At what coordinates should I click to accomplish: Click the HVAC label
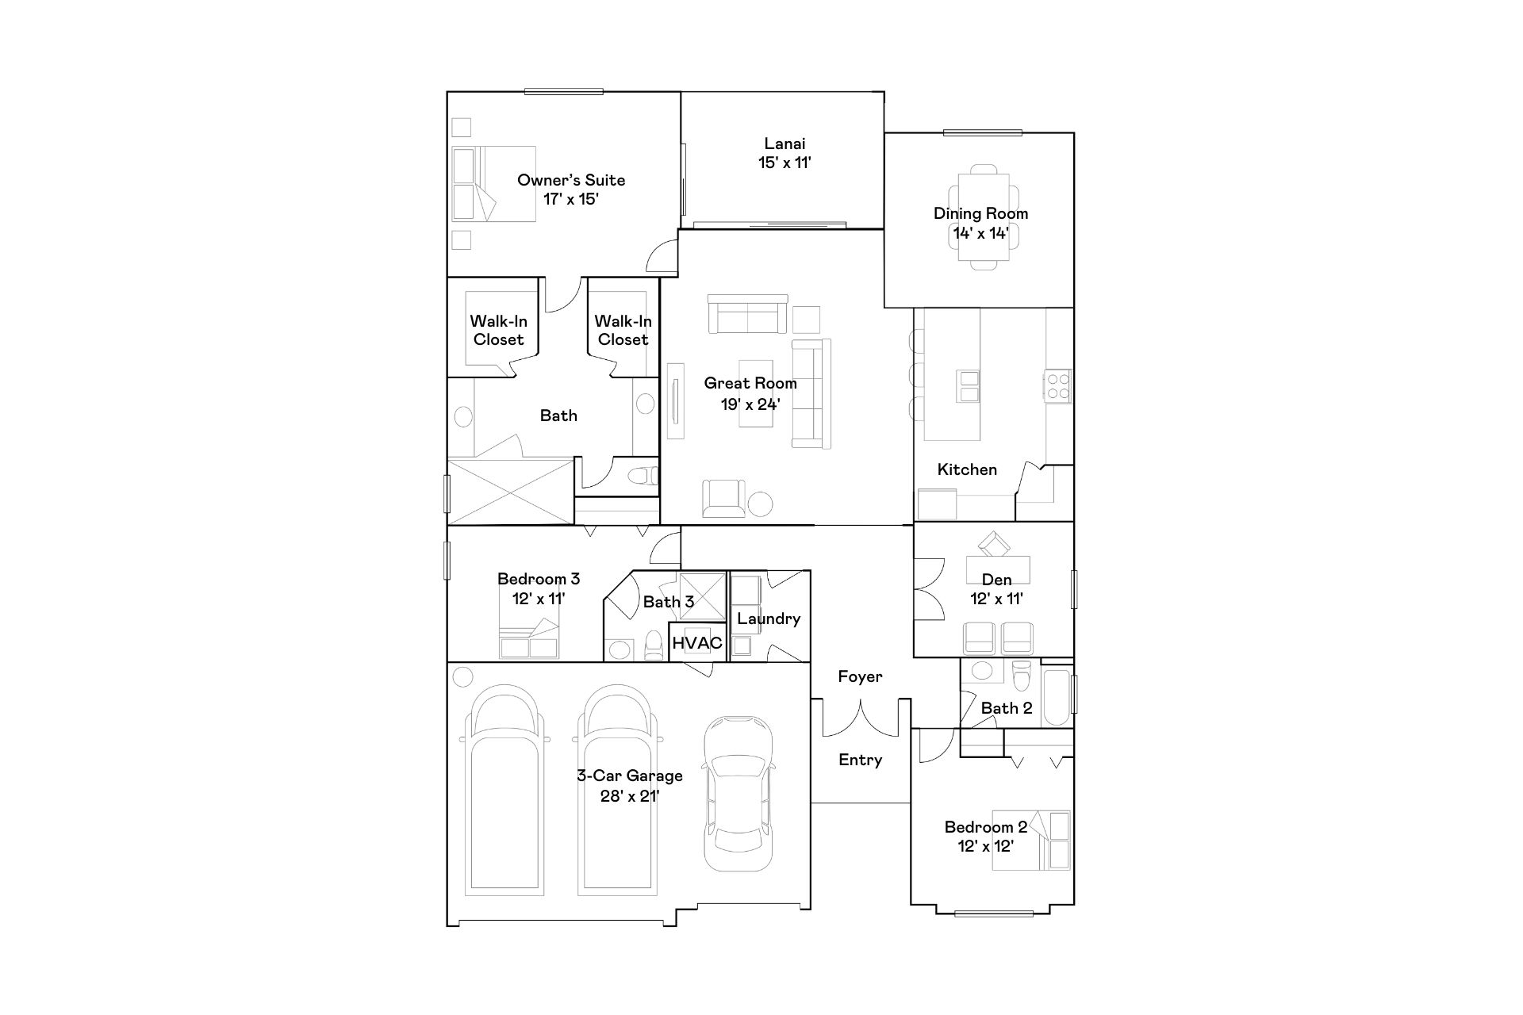(x=697, y=643)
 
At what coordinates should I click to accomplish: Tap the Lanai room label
(x=785, y=144)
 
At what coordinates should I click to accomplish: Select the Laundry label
(x=769, y=619)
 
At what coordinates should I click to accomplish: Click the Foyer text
(x=860, y=676)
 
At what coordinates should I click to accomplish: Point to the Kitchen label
(x=967, y=469)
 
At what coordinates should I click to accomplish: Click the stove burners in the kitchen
(x=1057, y=386)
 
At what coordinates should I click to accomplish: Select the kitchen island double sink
(x=969, y=386)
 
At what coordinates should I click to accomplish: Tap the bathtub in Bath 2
(x=1056, y=698)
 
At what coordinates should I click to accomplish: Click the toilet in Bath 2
(x=1022, y=676)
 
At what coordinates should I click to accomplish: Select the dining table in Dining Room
(x=984, y=217)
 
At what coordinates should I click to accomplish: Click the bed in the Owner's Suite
(x=493, y=184)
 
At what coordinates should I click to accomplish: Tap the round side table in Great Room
(x=761, y=504)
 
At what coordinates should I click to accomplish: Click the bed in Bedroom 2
(x=1030, y=841)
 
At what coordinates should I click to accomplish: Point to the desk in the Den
(x=998, y=569)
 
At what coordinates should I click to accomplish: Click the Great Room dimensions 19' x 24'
(x=750, y=404)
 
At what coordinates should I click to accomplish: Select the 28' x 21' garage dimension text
(x=630, y=796)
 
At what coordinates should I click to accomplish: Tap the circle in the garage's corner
(x=462, y=677)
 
